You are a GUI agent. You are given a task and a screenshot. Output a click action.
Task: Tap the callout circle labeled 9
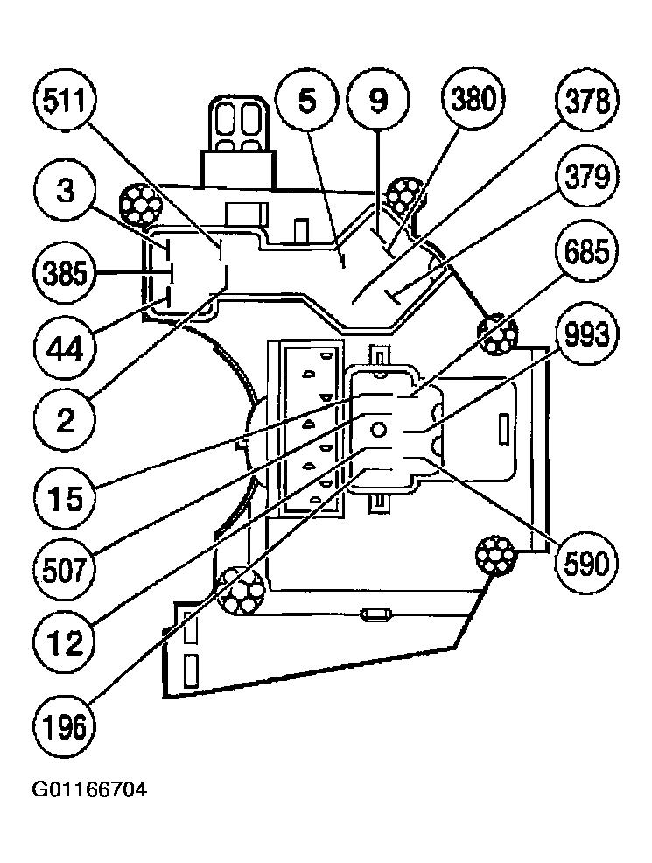376,102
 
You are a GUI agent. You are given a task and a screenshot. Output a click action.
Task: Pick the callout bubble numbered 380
473,102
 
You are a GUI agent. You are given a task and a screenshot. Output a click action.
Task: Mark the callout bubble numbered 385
67,273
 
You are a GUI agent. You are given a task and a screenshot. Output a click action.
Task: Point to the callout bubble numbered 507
67,572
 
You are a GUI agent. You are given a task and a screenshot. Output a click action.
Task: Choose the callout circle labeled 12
67,646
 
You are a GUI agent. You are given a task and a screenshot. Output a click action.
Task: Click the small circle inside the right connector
377,429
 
